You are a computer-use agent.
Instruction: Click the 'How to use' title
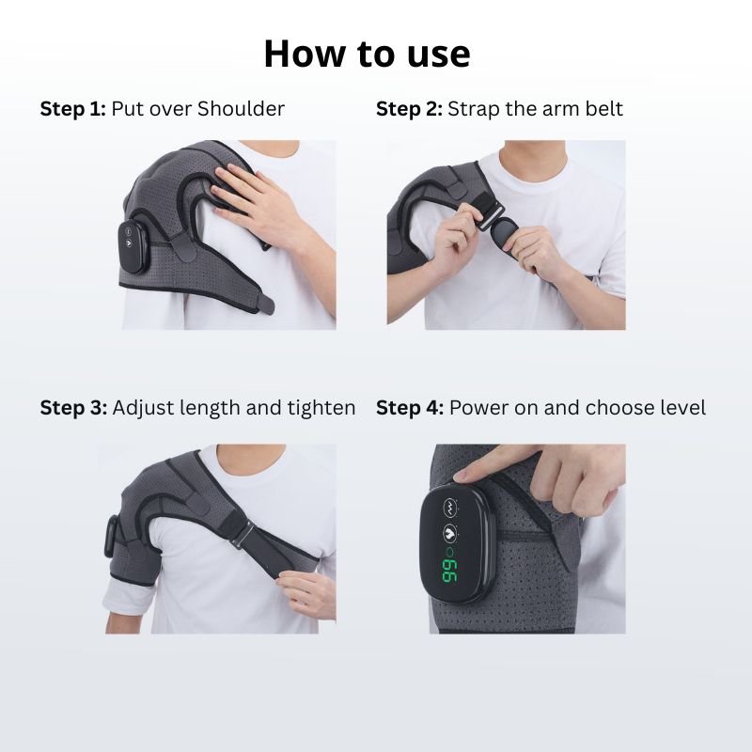[367, 55]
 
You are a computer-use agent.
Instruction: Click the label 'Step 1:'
[72, 109]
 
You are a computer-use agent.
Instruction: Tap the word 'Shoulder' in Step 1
[241, 109]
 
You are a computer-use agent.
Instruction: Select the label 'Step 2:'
[409, 109]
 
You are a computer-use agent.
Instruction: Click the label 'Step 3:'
[72, 408]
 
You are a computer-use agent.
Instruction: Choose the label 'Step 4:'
[409, 408]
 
